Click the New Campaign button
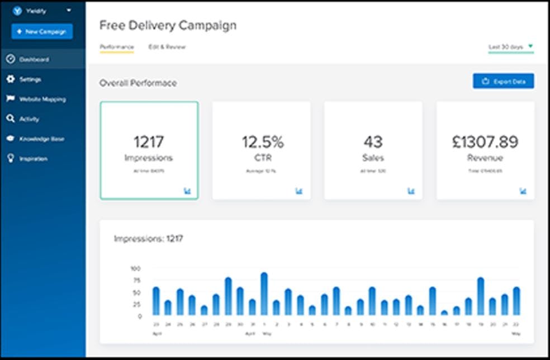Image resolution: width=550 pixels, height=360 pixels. [42, 32]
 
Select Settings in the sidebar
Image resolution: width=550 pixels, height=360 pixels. [30, 79]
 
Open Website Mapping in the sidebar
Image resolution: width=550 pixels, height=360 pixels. [42, 100]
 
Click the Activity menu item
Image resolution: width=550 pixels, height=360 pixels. [29, 119]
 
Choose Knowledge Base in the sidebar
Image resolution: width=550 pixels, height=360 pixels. [41, 139]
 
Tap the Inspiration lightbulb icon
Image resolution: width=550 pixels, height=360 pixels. [10, 159]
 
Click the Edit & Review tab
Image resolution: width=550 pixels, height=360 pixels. [167, 47]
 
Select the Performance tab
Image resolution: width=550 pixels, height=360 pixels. [116, 47]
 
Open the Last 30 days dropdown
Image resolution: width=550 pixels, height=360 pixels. [511, 47]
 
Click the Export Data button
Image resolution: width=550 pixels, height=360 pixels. [503, 82]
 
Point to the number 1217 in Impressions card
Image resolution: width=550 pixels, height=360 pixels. [149, 142]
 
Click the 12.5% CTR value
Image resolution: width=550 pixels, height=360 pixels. [262, 142]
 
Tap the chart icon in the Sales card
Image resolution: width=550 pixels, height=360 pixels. [411, 191]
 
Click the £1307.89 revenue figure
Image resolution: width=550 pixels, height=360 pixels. [485, 142]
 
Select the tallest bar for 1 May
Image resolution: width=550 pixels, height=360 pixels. [264, 294]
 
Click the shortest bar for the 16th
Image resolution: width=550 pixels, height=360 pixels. [444, 313]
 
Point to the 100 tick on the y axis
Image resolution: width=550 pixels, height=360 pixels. [136, 269]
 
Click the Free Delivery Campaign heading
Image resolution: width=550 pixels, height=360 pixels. [168, 25]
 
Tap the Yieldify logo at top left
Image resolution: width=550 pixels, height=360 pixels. [17, 11]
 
